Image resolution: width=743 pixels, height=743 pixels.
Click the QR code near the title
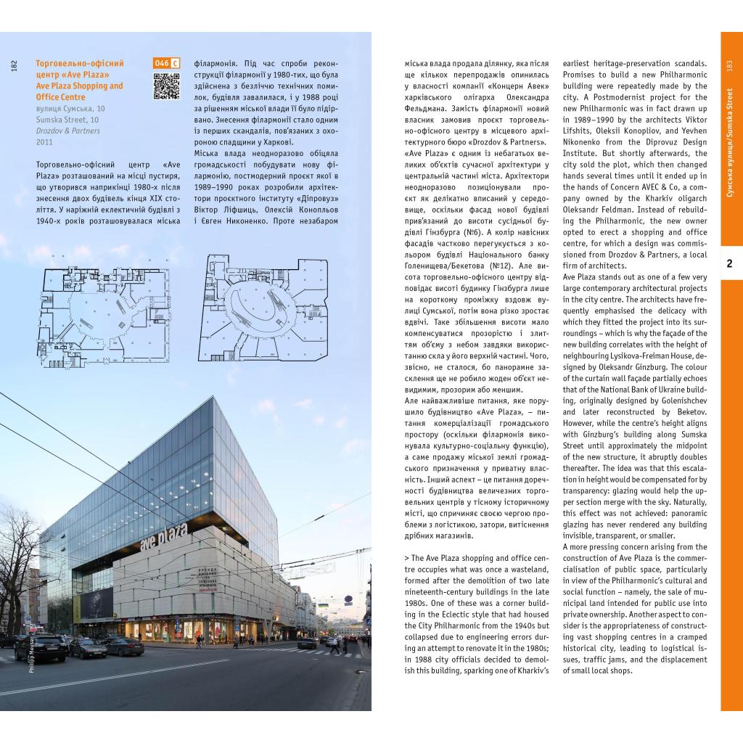point(166,86)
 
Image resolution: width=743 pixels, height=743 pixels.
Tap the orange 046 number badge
point(161,63)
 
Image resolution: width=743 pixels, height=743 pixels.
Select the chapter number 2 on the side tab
point(729,264)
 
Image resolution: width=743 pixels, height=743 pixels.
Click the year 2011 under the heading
point(44,142)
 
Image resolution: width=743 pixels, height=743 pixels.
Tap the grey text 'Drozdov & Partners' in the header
point(68,131)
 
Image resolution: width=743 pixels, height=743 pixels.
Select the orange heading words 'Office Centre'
point(60,97)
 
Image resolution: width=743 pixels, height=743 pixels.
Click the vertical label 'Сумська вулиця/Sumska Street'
point(729,145)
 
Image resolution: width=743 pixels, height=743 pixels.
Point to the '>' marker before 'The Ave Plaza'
point(406,558)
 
